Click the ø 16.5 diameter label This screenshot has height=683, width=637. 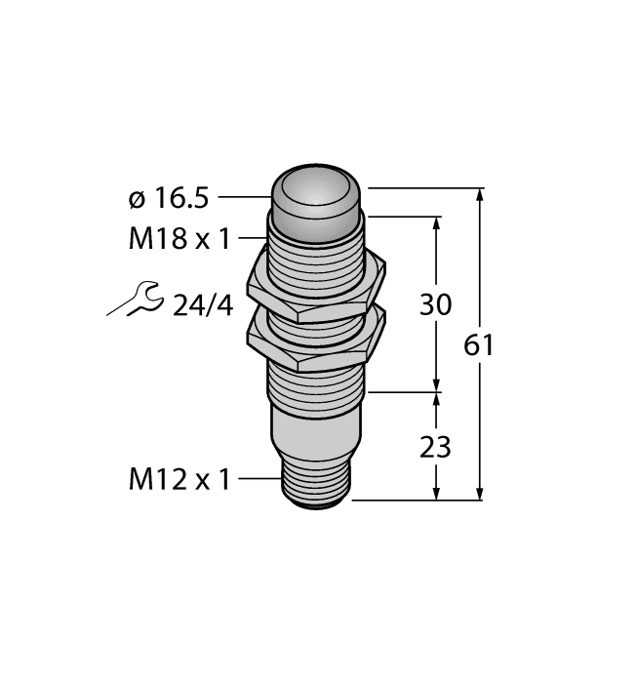168,198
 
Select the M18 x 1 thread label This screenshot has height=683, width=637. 179,239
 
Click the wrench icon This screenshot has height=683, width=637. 135,301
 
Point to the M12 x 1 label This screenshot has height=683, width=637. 179,479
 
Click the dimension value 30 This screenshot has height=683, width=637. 435,304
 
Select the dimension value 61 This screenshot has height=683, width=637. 479,345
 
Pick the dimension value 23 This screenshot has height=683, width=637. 435,447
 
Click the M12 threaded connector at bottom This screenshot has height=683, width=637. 315,484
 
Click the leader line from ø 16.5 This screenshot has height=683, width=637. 243,198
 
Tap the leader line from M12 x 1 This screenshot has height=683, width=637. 258,479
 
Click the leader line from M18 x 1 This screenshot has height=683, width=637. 253,238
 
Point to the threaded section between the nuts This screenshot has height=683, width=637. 316,313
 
